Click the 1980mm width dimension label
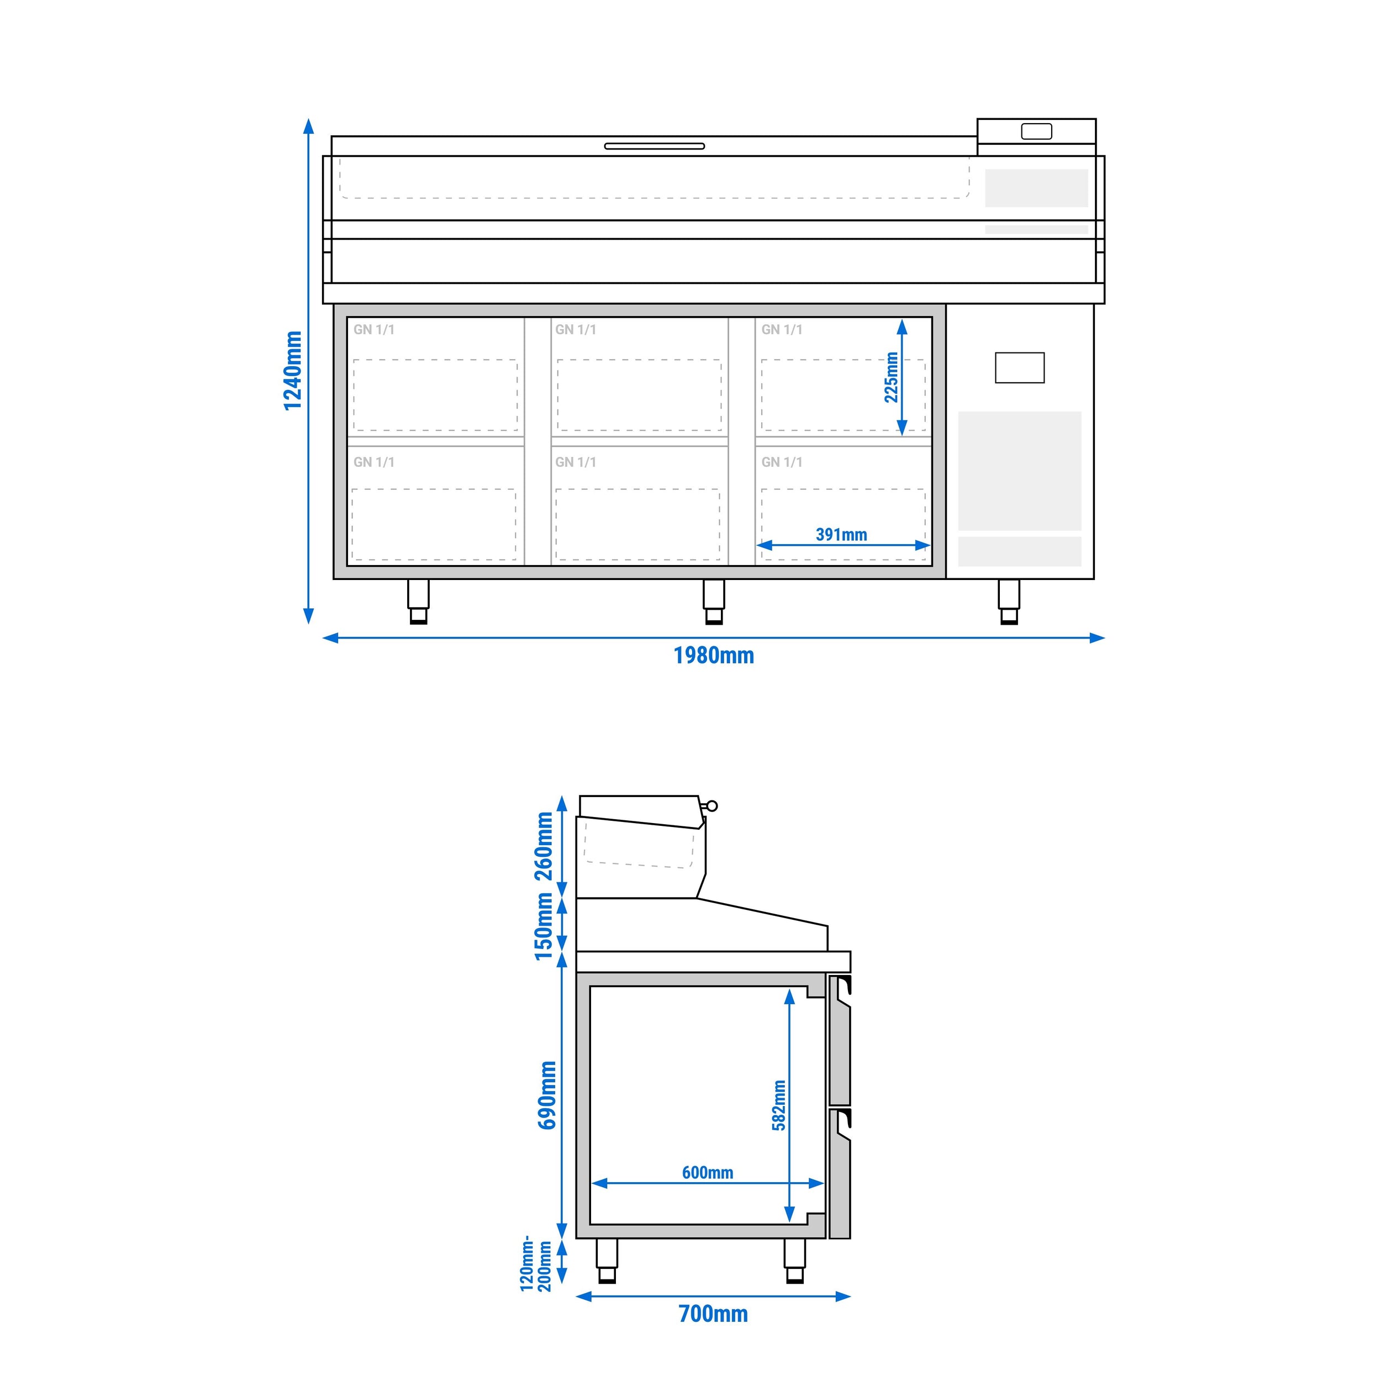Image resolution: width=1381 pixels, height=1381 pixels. pos(713,656)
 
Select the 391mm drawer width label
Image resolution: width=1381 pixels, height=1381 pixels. pos(841,535)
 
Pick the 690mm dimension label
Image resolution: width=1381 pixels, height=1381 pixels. pos(547,1095)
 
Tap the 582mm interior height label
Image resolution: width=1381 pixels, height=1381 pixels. pos(778,1105)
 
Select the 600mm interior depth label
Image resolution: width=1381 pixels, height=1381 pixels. pos(708,1172)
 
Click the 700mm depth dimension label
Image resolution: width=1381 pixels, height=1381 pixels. pos(713,1314)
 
